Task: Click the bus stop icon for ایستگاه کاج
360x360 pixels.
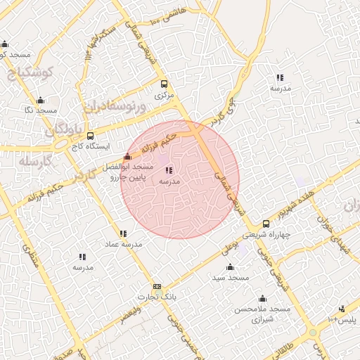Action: pyautogui.click(x=90, y=136)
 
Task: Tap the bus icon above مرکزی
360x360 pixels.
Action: pyautogui.click(x=164, y=84)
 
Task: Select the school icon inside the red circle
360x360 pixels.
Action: pyautogui.click(x=169, y=170)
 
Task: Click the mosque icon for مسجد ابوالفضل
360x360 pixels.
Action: pyautogui.click(x=127, y=157)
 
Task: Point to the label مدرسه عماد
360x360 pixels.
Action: pyautogui.click(x=124, y=244)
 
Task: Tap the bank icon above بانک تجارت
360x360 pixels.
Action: pyautogui.click(x=157, y=286)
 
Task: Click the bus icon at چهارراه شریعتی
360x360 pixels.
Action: pyautogui.click(x=266, y=224)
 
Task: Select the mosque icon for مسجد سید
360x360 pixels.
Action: pyautogui.click(x=230, y=267)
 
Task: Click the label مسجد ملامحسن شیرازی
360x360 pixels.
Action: pyautogui.click(x=263, y=314)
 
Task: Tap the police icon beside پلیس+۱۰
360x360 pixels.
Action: pyautogui.click(x=342, y=309)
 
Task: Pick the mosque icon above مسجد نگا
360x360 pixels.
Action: pyautogui.click(x=40, y=100)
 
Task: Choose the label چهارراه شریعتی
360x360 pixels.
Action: pyautogui.click(x=266, y=237)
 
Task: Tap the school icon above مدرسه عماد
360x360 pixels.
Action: pyautogui.click(x=123, y=233)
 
